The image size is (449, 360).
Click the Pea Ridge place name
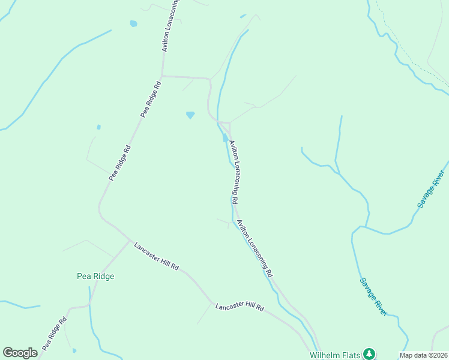pyautogui.click(x=95, y=276)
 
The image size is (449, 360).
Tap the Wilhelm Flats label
pyautogui.click(x=335, y=355)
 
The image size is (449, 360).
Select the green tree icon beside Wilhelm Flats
pyautogui.click(x=370, y=353)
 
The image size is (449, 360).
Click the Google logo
pyautogui.click(x=20, y=353)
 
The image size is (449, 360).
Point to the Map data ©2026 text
pyautogui.click(x=423, y=355)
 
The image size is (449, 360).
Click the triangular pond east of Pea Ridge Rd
pyautogui.click(x=190, y=115)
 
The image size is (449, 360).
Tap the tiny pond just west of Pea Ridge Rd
pyautogui.click(x=98, y=127)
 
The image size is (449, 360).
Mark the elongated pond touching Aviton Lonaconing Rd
pyautogui.click(x=225, y=137)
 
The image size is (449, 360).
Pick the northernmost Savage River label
pyautogui.click(x=432, y=189)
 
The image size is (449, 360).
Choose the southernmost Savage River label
pyautogui.click(x=373, y=296)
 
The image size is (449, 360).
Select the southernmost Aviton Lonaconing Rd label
pyautogui.click(x=255, y=248)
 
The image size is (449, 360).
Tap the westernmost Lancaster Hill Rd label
pyautogui.click(x=156, y=256)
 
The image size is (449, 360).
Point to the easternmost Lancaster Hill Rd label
pyautogui.click(x=240, y=307)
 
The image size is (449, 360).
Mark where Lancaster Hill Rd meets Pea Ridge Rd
pyautogui.click(x=130, y=241)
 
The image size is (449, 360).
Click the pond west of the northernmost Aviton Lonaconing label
pyautogui.click(x=133, y=24)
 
